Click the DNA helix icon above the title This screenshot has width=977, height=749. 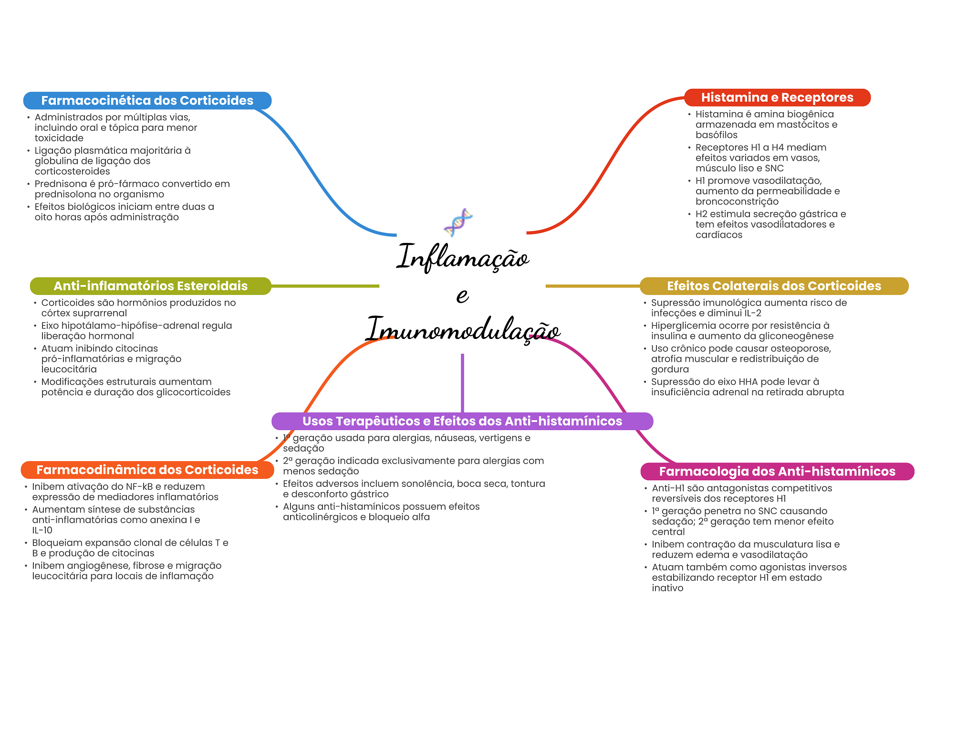pos(458,222)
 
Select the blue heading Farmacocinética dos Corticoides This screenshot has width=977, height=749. pos(147,101)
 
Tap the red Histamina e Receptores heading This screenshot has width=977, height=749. pos(777,97)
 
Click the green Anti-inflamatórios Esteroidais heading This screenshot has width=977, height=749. pos(150,286)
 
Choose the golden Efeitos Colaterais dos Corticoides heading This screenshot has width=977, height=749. pos(773,286)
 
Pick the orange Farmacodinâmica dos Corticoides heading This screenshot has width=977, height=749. pos(147,470)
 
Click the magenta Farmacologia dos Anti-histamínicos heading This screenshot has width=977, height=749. pos(777,472)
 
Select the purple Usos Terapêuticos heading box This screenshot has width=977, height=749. pos(462,421)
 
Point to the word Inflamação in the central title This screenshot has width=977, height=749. pos(462,257)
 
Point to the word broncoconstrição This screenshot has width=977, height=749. pos(737,201)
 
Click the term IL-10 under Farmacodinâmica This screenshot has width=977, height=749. pos(42,530)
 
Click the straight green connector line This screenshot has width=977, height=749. pos(325,286)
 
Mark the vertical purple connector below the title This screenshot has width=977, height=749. pos(462,382)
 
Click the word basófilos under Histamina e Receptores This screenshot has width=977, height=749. pos(716,135)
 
